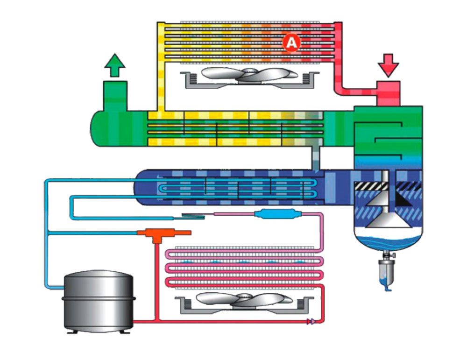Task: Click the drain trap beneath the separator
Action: click(387, 270)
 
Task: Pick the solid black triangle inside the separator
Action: click(403, 199)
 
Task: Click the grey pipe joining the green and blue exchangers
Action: click(318, 156)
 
